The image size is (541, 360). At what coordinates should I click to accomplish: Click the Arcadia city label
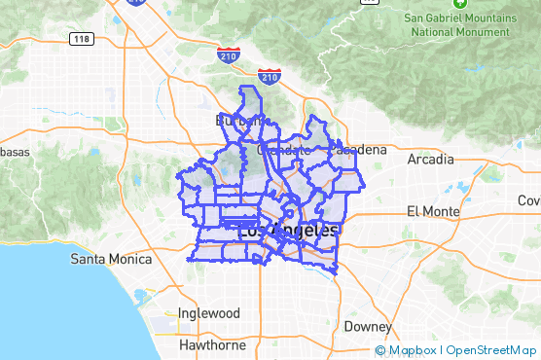(430, 159)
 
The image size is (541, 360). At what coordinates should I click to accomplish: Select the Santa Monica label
(112, 260)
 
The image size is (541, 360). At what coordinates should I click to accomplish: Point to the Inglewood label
(209, 313)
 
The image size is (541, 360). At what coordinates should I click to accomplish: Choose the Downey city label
(367, 326)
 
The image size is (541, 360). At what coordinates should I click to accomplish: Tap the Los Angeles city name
(288, 231)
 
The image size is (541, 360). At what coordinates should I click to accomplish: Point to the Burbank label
(236, 120)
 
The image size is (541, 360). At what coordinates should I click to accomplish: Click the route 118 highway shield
(82, 38)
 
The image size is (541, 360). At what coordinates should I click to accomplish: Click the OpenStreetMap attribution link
(491, 350)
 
